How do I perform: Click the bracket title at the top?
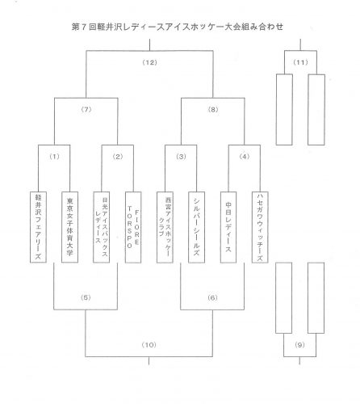click(x=178, y=27)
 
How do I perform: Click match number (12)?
click(x=149, y=62)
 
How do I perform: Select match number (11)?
click(x=300, y=62)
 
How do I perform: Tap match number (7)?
click(x=86, y=110)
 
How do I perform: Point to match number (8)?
click(x=213, y=110)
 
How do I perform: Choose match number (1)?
click(x=54, y=157)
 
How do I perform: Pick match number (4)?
click(x=245, y=157)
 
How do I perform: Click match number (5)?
click(x=86, y=297)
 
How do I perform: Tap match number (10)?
click(x=149, y=345)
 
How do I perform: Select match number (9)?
click(x=299, y=345)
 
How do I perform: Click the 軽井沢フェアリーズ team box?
click(x=38, y=227)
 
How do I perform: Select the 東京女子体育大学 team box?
click(x=70, y=227)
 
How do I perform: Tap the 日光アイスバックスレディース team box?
click(x=102, y=227)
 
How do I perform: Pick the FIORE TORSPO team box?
click(x=133, y=227)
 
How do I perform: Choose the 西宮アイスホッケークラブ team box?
click(x=165, y=227)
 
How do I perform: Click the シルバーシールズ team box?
click(x=197, y=227)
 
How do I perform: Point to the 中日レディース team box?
click(x=228, y=227)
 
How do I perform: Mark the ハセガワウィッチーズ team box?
click(x=260, y=227)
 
